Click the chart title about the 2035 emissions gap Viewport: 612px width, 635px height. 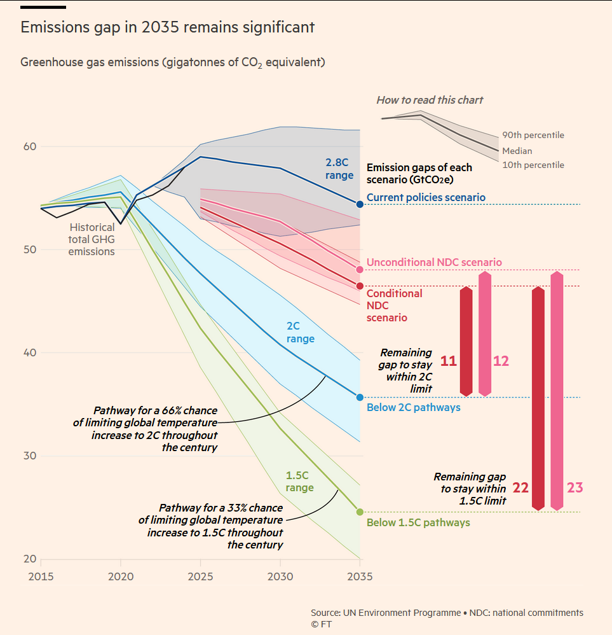click(168, 27)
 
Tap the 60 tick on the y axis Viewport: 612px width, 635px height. click(30, 146)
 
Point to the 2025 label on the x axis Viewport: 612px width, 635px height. click(200, 576)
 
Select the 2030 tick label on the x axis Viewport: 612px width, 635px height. click(280, 576)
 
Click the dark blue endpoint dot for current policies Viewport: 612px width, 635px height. click(360, 204)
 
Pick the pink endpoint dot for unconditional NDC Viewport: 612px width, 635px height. click(360, 269)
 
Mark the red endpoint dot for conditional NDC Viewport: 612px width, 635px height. click(360, 286)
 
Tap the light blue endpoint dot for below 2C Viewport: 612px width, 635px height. click(360, 397)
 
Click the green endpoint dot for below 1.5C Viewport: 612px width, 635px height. click(360, 512)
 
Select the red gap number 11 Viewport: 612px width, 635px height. click(448, 361)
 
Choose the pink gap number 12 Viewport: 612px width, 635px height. click(501, 361)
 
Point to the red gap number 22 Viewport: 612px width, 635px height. click(520, 487)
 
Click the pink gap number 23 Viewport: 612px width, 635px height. click(575, 487)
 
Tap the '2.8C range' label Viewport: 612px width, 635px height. click(339, 169)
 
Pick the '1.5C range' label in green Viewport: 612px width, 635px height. click(299, 482)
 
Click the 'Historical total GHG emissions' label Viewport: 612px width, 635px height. click(92, 239)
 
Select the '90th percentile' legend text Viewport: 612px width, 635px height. click(533, 136)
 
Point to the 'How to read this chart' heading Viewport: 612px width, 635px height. click(430, 100)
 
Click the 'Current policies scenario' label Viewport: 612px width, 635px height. click(426, 198)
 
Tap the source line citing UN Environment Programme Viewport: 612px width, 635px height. click(447, 613)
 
